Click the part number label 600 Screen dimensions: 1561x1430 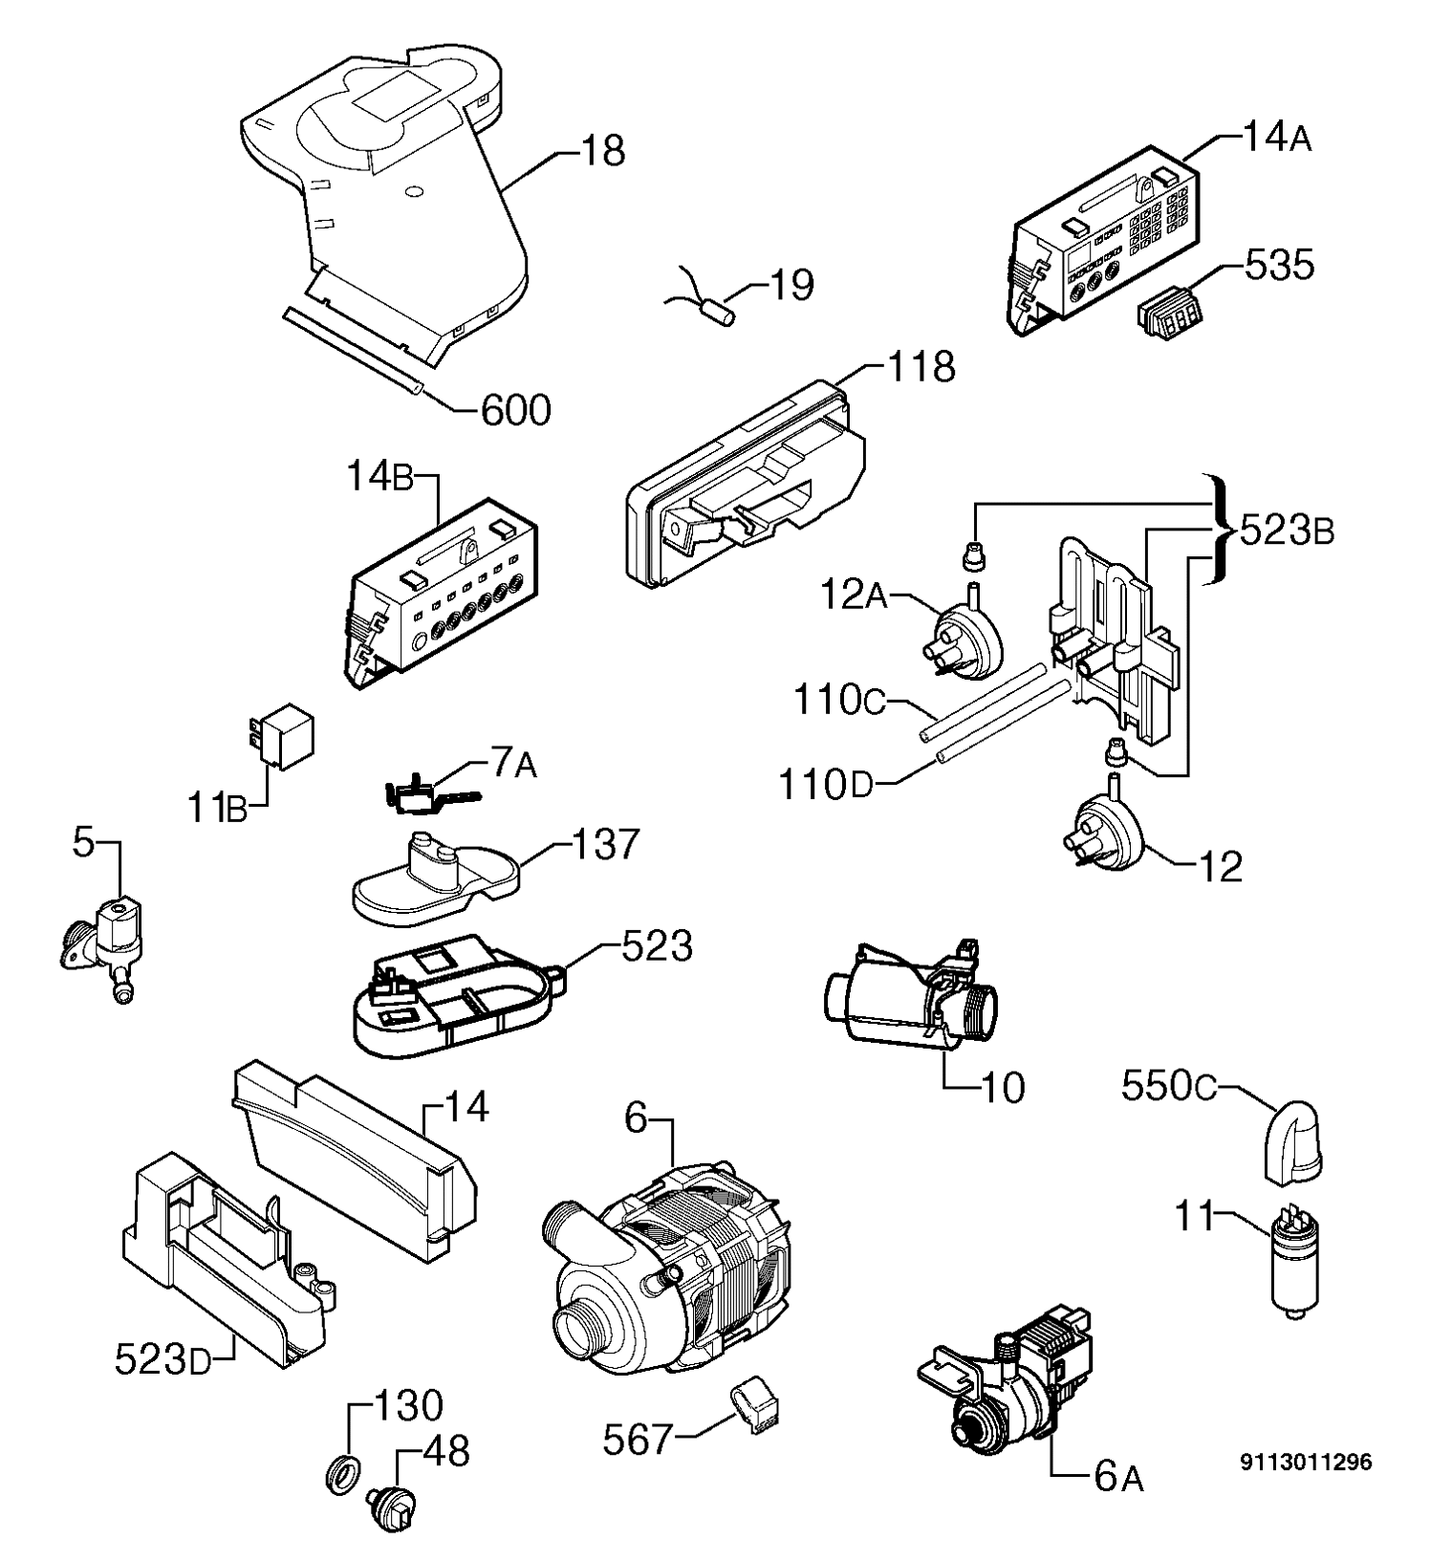[515, 411]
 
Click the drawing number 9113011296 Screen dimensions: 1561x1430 [1306, 1463]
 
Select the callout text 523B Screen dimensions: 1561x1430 [1287, 531]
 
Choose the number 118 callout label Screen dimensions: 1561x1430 [921, 367]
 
